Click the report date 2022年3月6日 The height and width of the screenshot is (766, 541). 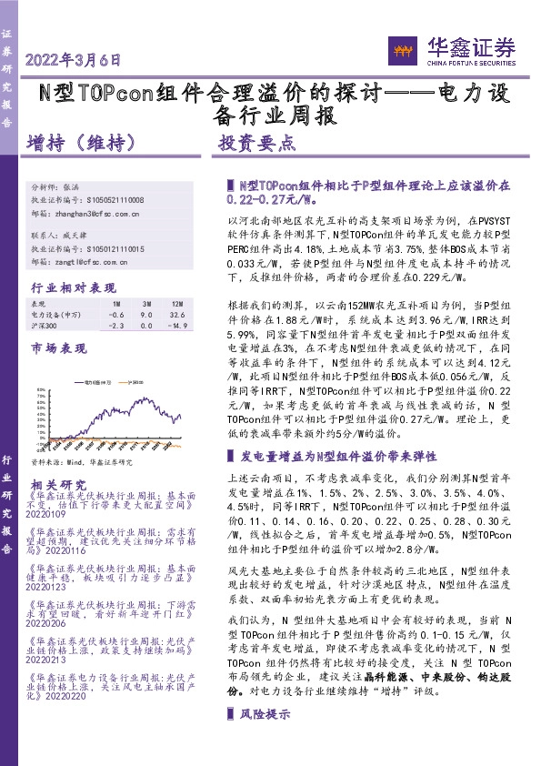click(x=74, y=61)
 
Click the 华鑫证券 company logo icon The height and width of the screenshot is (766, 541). click(x=404, y=49)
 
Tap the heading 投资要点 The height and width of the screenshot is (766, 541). click(x=257, y=144)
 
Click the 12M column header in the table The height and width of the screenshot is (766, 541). click(x=176, y=303)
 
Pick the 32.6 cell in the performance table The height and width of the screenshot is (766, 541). click(x=176, y=314)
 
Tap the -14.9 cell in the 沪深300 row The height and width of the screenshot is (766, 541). click(x=175, y=325)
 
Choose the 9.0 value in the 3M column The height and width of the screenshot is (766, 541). click(x=145, y=314)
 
